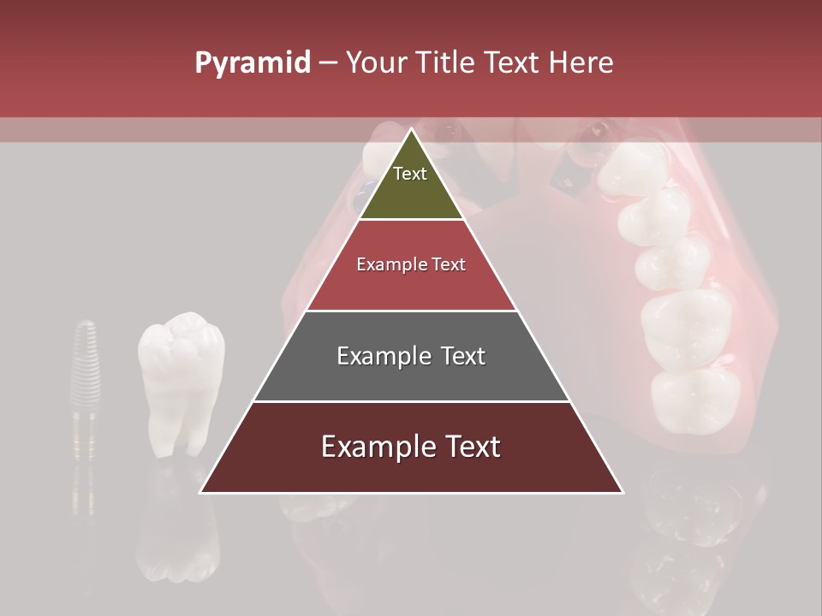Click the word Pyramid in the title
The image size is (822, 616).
[x=252, y=63]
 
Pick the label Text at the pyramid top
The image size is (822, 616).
[x=410, y=174]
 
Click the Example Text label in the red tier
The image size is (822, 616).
[x=411, y=264]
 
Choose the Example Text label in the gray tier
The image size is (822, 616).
[x=411, y=356]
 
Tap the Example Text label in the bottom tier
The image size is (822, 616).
[x=411, y=447]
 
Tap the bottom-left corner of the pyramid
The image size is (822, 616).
[x=201, y=492]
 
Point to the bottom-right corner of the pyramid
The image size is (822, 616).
[x=622, y=492]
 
